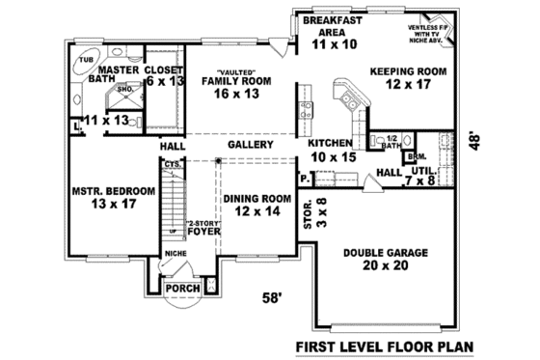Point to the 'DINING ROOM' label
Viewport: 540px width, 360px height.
point(256,205)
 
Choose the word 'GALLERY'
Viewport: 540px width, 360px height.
point(249,145)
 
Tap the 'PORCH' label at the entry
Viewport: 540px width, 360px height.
point(182,288)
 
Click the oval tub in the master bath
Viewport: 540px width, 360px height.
point(82,65)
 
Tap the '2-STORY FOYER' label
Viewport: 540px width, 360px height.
point(202,227)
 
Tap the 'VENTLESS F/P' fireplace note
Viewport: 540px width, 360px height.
point(420,30)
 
